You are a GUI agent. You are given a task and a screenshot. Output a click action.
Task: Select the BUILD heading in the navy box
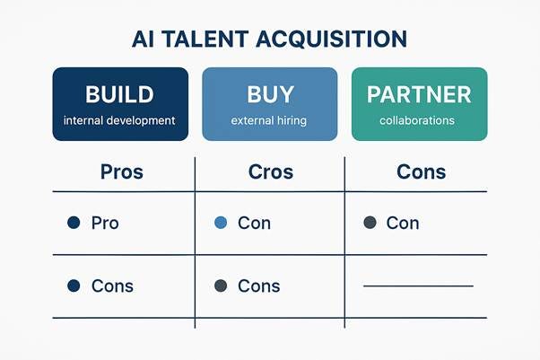click(120, 94)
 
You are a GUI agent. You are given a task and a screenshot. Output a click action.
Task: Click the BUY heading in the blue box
click(269, 94)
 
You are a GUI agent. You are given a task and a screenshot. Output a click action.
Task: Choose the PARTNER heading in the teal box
click(418, 94)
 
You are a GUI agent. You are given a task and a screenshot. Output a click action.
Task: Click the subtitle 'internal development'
click(120, 120)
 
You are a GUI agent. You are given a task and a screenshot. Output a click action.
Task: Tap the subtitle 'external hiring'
click(269, 120)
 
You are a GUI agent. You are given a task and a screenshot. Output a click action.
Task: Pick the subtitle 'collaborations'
click(418, 120)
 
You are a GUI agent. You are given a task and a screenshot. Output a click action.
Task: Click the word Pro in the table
click(105, 223)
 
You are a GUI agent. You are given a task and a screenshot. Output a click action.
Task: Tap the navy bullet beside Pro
click(74, 223)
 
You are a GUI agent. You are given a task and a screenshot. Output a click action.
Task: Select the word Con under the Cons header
click(403, 223)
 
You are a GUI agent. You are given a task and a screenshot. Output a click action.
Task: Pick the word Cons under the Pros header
click(112, 286)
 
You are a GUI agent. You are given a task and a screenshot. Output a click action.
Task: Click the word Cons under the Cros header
click(259, 286)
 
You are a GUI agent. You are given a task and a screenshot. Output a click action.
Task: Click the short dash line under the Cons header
click(418, 286)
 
